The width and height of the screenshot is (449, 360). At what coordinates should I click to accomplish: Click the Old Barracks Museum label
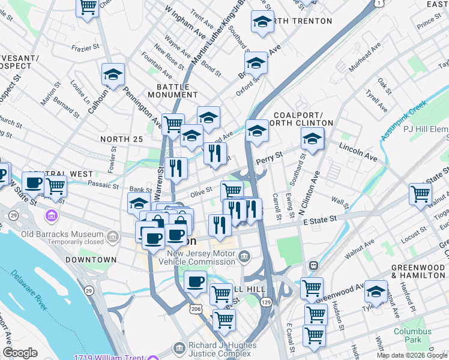coord(55,233)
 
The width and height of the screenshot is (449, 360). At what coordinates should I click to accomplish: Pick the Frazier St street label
coord(85,47)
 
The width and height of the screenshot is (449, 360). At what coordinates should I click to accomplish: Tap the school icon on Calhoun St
coord(113,75)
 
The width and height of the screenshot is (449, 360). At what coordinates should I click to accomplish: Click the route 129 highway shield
coord(266,303)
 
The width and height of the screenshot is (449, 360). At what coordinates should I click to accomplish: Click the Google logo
coord(20,352)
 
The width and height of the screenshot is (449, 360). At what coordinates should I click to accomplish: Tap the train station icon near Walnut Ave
coord(313,265)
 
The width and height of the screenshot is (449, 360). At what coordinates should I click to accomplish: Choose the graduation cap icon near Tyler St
coord(376,292)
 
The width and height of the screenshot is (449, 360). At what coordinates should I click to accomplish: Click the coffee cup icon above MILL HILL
coord(195,281)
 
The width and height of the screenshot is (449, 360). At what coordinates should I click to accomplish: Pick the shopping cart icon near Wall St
coord(420,193)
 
